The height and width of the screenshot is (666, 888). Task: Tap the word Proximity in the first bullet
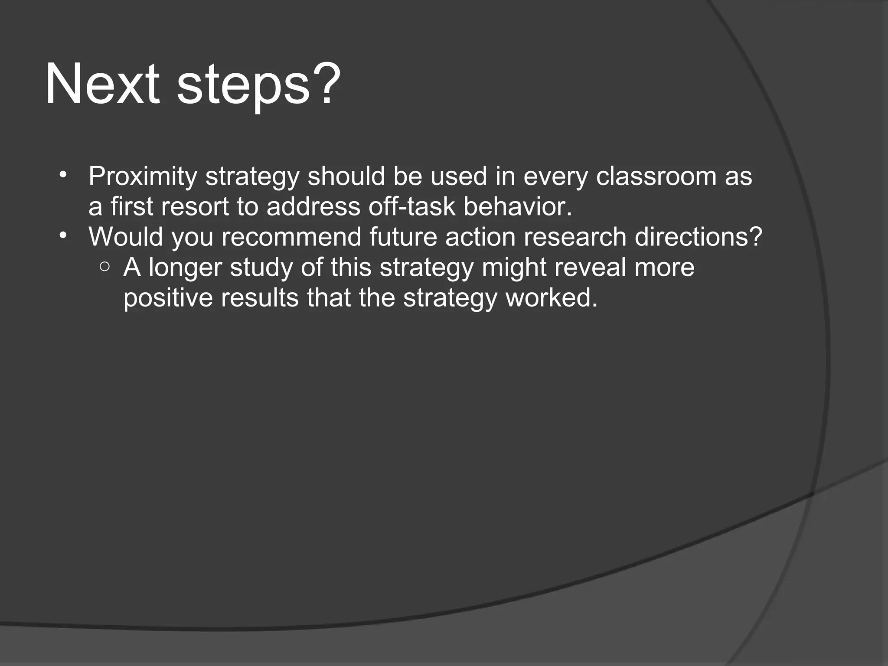(143, 177)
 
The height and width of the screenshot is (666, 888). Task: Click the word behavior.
(518, 206)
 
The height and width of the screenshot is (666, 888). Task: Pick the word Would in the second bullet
(126, 237)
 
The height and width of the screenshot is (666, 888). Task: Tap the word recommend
(291, 237)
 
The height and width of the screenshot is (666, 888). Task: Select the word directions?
(698, 237)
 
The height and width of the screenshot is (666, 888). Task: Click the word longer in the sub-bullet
(185, 268)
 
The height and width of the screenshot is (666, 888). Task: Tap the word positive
(168, 298)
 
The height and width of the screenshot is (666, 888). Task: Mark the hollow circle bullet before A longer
(104, 267)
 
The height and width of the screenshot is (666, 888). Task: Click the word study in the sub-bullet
(261, 268)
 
